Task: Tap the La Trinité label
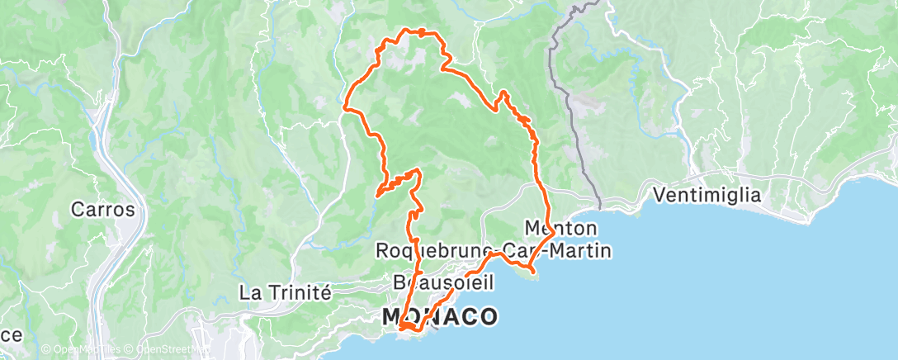click(x=285, y=292)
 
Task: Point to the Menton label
click(x=561, y=227)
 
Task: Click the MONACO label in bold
click(x=441, y=316)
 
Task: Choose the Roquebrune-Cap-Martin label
click(x=493, y=249)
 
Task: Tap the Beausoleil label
click(x=444, y=283)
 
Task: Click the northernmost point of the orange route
click(x=404, y=30)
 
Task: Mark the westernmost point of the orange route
click(x=344, y=107)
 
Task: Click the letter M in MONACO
click(x=393, y=316)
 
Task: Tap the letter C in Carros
click(x=78, y=209)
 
